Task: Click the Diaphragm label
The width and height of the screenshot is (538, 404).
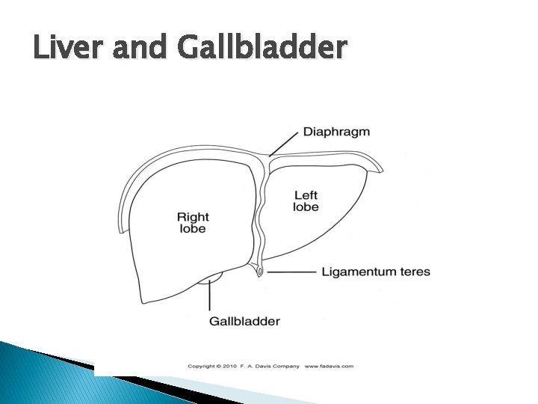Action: [336, 132]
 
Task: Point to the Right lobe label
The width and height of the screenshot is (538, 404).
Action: [192, 223]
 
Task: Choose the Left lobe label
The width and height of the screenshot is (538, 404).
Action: [306, 201]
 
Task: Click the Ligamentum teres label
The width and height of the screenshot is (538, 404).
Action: [376, 272]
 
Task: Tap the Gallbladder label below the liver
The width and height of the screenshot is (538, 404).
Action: [244, 322]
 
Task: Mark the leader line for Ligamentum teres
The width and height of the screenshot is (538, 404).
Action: [291, 272]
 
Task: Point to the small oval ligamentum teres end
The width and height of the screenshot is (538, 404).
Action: [259, 272]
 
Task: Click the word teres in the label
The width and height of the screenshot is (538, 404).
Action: [415, 272]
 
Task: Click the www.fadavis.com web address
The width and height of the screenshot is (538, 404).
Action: [329, 367]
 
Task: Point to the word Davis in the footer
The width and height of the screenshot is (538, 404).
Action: [262, 367]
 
